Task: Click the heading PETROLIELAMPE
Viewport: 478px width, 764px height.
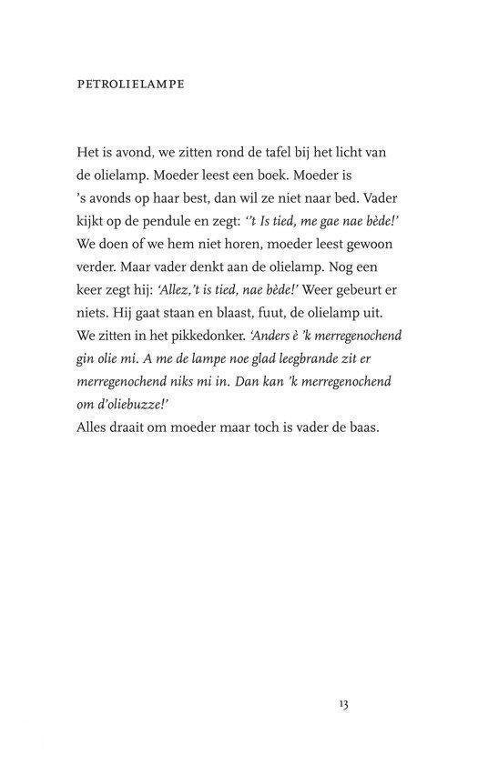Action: tap(131, 85)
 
